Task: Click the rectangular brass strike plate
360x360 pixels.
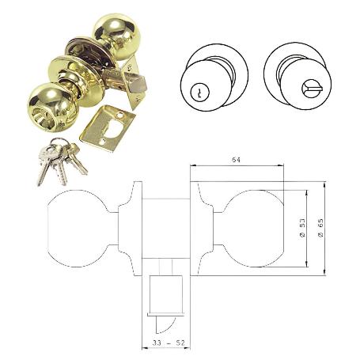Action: (x=108, y=127)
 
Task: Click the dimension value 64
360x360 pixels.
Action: (x=236, y=161)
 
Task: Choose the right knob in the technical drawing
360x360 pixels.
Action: (x=253, y=229)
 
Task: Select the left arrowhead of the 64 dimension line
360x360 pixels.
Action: (x=191, y=166)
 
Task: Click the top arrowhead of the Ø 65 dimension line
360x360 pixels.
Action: (x=325, y=184)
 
